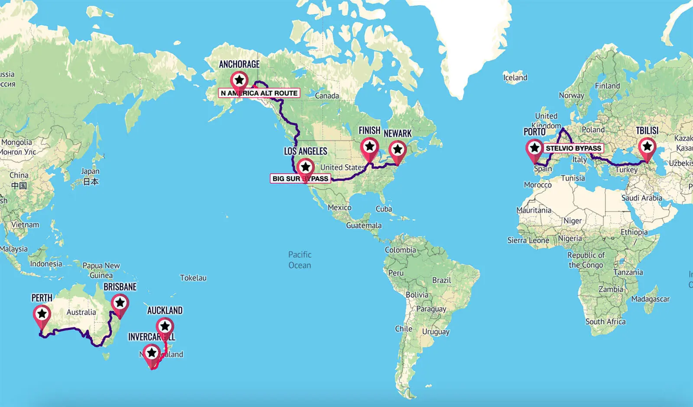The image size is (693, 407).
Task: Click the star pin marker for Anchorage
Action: [x=239, y=80]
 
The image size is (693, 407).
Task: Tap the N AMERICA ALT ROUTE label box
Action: [x=259, y=93]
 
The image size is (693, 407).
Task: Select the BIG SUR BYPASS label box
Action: [x=300, y=179]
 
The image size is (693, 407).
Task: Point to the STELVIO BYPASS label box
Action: [x=573, y=148]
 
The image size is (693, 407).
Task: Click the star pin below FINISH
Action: [x=369, y=147]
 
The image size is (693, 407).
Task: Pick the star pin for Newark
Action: [x=398, y=150]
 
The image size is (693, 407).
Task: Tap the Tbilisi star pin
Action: [x=647, y=147]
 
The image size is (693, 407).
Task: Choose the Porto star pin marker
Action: [x=534, y=148]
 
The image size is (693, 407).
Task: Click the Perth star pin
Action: [x=42, y=313]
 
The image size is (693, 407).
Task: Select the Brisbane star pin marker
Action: [x=120, y=302]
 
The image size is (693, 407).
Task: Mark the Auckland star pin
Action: [x=165, y=326]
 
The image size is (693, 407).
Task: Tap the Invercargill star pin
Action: [x=152, y=353]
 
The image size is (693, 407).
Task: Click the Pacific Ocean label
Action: [x=300, y=260]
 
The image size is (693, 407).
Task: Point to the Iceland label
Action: [x=515, y=78]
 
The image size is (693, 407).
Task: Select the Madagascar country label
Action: [x=650, y=299]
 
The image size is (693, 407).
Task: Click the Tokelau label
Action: [x=193, y=278]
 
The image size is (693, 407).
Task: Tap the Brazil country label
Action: [x=441, y=280]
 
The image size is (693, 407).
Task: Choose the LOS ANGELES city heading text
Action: [x=305, y=151]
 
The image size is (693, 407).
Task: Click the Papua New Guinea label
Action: [x=101, y=270]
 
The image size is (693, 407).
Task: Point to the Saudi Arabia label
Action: [x=641, y=198]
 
